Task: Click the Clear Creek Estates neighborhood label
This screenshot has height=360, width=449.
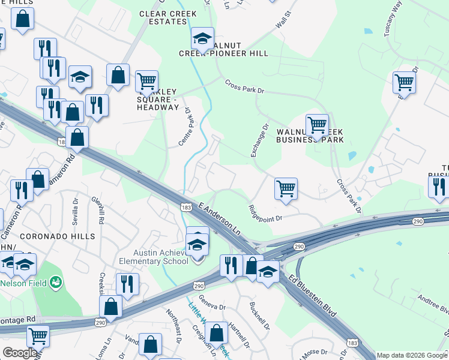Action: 163,17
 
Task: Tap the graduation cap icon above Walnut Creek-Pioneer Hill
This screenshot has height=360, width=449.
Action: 203,39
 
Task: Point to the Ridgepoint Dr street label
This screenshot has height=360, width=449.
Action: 265,214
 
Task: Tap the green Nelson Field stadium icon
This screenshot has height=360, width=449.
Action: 56,281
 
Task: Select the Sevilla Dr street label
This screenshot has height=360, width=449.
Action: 76,212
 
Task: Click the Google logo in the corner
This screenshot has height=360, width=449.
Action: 19,352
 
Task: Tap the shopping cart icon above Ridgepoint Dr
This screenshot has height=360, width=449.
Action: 286,188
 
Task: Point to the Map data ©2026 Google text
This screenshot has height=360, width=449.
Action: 412,355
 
